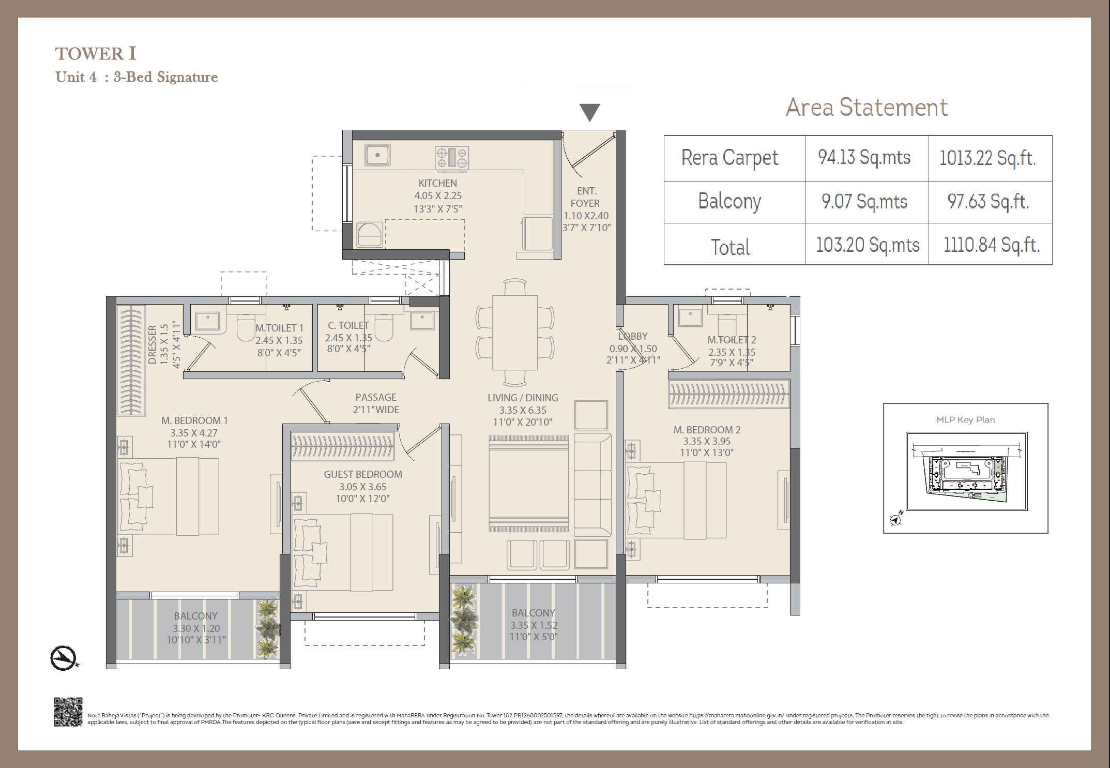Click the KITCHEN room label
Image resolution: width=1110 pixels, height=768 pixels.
click(x=437, y=183)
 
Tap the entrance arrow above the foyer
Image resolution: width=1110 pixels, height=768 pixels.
click(x=589, y=112)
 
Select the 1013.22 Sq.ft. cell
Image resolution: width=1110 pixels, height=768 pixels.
click(x=987, y=158)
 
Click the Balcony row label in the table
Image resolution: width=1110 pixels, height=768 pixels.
click(x=729, y=201)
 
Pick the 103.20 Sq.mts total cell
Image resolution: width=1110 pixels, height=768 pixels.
click(x=867, y=245)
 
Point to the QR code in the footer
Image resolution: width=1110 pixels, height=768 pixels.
click(x=68, y=712)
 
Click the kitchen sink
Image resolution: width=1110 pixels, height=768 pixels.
click(x=377, y=155)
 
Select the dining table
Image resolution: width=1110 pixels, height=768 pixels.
click(x=514, y=333)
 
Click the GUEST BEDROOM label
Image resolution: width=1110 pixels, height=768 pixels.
click(x=363, y=474)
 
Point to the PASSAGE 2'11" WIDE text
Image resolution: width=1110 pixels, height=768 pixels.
click(x=376, y=403)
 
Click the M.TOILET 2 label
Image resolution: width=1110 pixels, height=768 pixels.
click(x=732, y=340)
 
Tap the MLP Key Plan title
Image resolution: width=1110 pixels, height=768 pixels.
click(x=965, y=419)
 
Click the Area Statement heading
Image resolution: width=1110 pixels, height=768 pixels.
click(x=866, y=108)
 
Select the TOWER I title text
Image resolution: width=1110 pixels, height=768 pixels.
click(x=96, y=54)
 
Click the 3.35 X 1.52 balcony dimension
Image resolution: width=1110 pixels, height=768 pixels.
click(x=534, y=625)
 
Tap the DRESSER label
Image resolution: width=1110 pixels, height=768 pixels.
click(x=153, y=344)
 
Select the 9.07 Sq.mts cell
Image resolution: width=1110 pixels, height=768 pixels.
click(x=864, y=202)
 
